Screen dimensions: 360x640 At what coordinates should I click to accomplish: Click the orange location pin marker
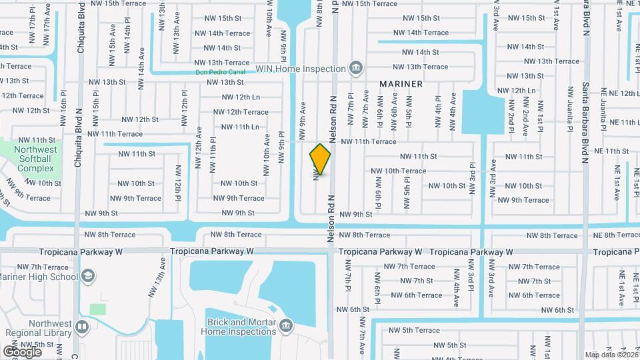point(321,159)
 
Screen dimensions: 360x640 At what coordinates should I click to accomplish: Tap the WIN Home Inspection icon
point(357,67)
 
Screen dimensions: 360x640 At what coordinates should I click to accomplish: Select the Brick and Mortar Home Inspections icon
point(287,325)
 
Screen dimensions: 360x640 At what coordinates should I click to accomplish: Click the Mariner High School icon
point(87,277)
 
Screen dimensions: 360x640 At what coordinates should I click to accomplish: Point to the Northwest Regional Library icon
point(81,327)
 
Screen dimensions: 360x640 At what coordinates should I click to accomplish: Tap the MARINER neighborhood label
point(401,84)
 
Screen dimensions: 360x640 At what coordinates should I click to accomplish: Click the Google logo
point(22,351)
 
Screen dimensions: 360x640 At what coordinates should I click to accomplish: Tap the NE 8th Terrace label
point(617,235)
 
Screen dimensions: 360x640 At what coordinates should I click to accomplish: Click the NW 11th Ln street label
point(239,127)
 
